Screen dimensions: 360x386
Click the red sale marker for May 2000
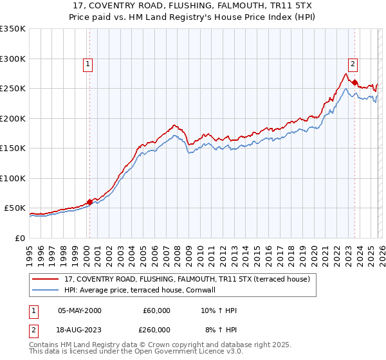89,202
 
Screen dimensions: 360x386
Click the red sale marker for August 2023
354,82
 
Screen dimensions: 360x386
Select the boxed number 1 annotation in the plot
87,64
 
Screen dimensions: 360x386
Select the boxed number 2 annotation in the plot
353,64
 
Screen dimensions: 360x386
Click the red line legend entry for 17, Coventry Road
187,280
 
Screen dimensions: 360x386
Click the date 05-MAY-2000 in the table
79,310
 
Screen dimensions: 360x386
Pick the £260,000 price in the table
156,328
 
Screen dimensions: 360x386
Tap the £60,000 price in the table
156,310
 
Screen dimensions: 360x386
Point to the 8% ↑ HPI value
220,328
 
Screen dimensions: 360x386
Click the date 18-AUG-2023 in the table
79,328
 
